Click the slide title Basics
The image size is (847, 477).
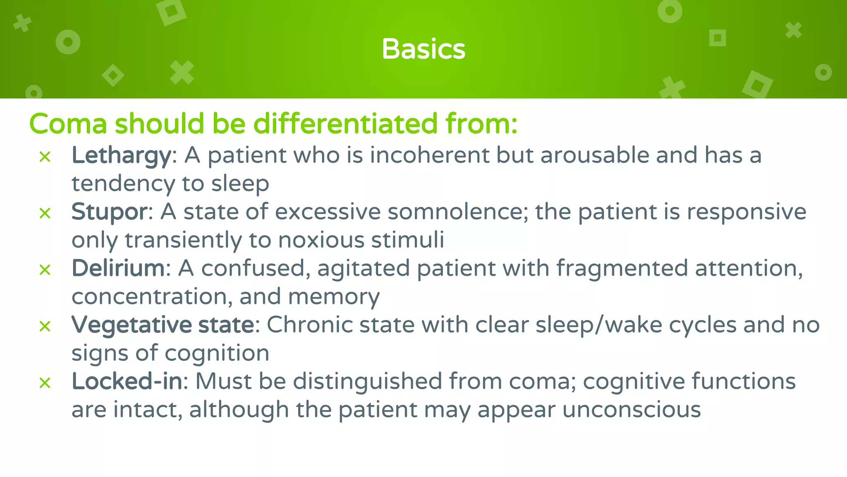point(423,49)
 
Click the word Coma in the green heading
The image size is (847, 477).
point(68,124)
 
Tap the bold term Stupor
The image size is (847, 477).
point(109,212)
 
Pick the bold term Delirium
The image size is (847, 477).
point(118,268)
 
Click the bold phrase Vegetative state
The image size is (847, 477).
point(163,325)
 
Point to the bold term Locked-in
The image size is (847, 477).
point(127,381)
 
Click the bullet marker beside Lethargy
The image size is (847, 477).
point(45,157)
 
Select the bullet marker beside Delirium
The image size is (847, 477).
point(45,270)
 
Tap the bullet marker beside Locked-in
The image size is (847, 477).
point(45,383)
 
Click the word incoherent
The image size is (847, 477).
point(429,156)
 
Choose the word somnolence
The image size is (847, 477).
point(455,212)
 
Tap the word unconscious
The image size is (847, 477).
point(631,410)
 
